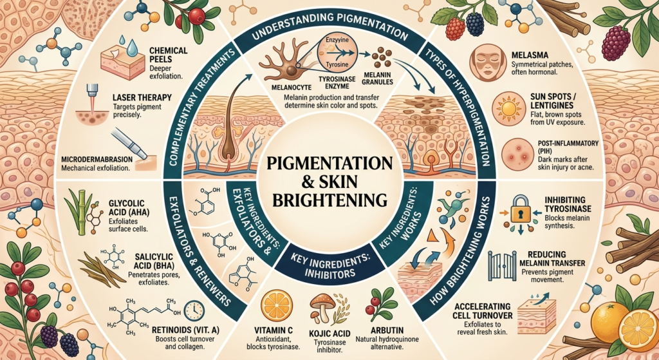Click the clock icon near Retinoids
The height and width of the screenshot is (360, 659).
[x=194, y=311]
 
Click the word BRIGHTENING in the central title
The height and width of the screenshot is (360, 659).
[x=329, y=200]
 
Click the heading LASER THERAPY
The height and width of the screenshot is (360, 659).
[x=142, y=98]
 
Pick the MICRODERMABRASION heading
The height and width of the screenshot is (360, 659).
[x=97, y=160]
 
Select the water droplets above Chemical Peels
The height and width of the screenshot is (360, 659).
[x=129, y=45]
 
